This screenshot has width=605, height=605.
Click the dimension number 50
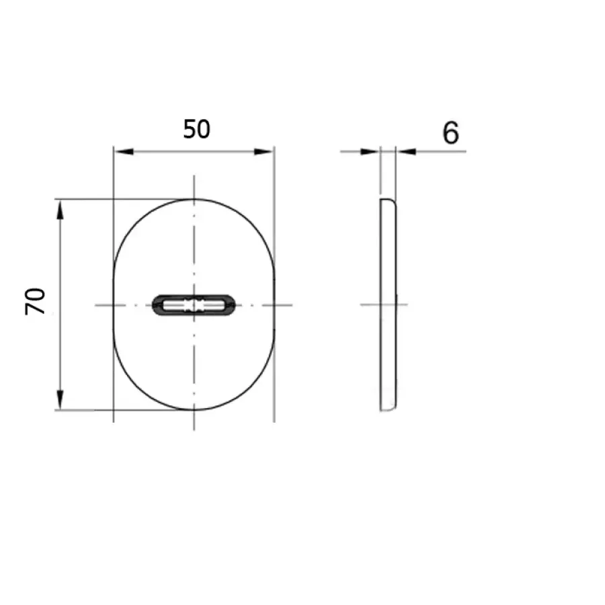(197, 129)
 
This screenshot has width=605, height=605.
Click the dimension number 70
(35, 301)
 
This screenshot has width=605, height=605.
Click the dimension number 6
(450, 132)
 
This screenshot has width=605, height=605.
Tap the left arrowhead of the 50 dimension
(124, 152)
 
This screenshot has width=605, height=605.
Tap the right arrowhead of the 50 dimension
(264, 152)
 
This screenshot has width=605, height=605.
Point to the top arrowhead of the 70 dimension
(60, 210)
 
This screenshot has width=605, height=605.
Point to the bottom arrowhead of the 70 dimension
(60, 400)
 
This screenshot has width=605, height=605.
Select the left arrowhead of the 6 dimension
(370, 152)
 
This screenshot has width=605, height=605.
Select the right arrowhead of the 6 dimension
(406, 152)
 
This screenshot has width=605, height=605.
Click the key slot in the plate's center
(194, 305)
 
